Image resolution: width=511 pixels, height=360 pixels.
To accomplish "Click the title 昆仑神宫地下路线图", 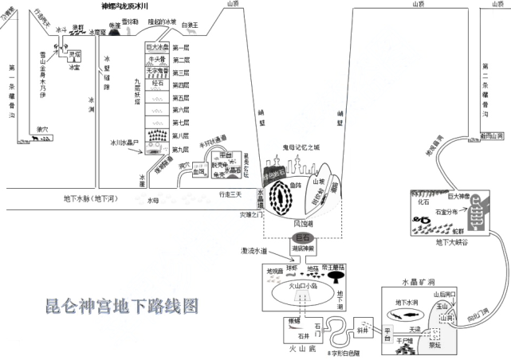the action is point(121,305).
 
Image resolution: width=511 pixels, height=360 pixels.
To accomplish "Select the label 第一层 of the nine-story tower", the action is point(181,49).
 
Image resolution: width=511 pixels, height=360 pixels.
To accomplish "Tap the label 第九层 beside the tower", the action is point(181,149).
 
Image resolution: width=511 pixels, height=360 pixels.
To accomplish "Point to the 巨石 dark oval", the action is point(302,237).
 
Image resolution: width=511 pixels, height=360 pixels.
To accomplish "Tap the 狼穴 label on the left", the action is point(43,128).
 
